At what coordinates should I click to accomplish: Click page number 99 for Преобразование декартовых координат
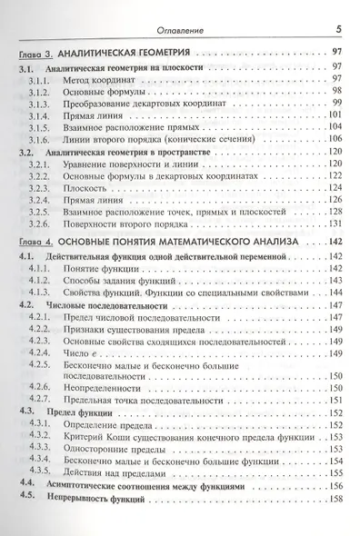[x=336, y=106]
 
